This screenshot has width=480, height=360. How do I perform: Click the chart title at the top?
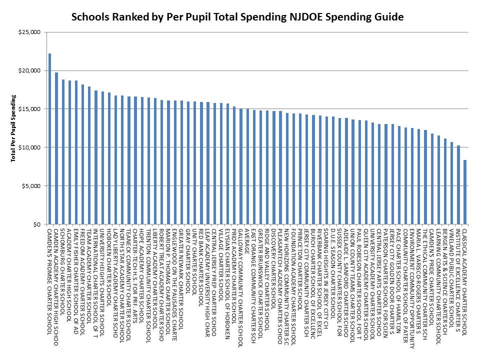click(x=237, y=17)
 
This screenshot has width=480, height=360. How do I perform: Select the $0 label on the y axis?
click(x=38, y=224)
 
